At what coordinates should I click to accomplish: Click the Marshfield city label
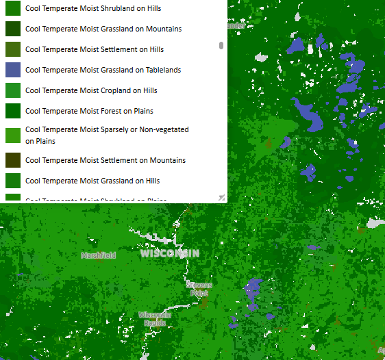98,255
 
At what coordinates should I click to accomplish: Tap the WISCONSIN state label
169,253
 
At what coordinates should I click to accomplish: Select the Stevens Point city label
199,288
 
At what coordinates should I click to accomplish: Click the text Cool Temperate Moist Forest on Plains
89,111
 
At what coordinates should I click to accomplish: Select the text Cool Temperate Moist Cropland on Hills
91,90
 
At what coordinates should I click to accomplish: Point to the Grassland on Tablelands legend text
103,70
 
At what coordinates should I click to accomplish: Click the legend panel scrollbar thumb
221,45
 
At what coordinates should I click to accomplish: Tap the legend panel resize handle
221,197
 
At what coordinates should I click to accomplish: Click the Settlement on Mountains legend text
105,160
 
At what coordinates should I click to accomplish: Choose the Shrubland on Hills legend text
93,8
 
